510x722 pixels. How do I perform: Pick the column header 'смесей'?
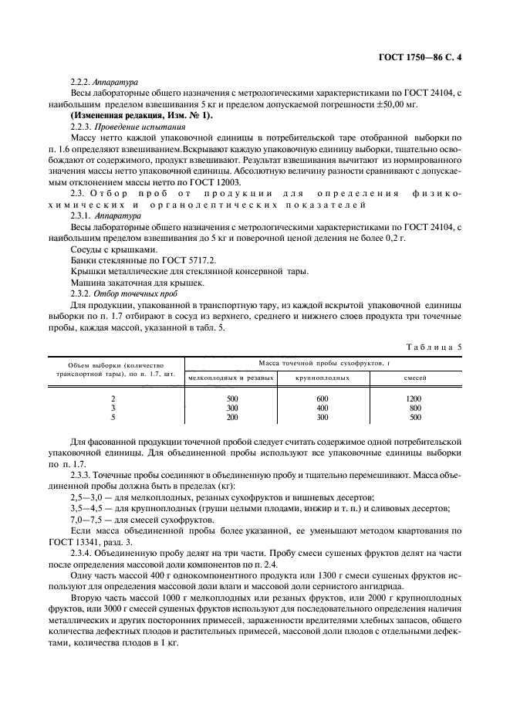pyautogui.click(x=415, y=378)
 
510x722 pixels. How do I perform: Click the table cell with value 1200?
pyautogui.click(x=414, y=398)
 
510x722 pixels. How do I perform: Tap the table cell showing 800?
pyautogui.click(x=415, y=407)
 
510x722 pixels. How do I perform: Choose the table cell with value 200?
pyautogui.click(x=232, y=416)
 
